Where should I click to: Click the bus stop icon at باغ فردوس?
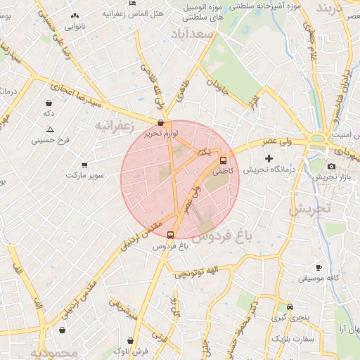point(170,235)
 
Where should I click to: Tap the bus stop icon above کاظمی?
point(224,160)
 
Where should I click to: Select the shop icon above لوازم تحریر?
point(161,122)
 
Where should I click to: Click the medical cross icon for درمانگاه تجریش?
point(268,159)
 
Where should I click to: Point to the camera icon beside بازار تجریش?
point(331,166)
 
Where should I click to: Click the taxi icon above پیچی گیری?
point(290,307)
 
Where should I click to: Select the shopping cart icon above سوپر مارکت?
point(84,164)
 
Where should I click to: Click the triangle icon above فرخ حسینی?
point(50,129)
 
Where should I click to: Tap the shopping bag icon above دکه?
point(49,102)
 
